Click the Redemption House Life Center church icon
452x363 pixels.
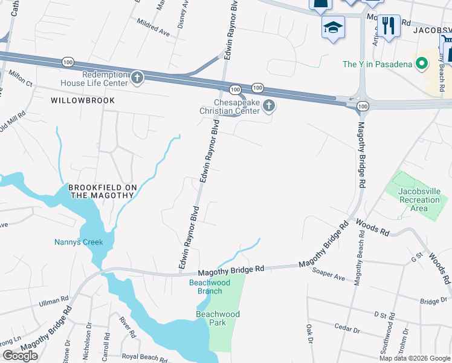click(138, 77)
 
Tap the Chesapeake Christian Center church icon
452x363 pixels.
click(270, 107)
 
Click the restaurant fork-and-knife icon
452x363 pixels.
click(389, 26)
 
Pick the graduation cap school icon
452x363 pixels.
click(333, 28)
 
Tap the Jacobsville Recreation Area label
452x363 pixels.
click(419, 200)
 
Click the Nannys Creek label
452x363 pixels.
click(79, 242)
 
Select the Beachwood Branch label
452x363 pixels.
click(205, 286)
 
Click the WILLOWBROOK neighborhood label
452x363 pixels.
click(83, 100)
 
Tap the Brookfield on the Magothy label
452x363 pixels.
click(101, 191)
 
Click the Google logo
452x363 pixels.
click(20, 355)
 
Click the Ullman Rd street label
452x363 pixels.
click(54, 301)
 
